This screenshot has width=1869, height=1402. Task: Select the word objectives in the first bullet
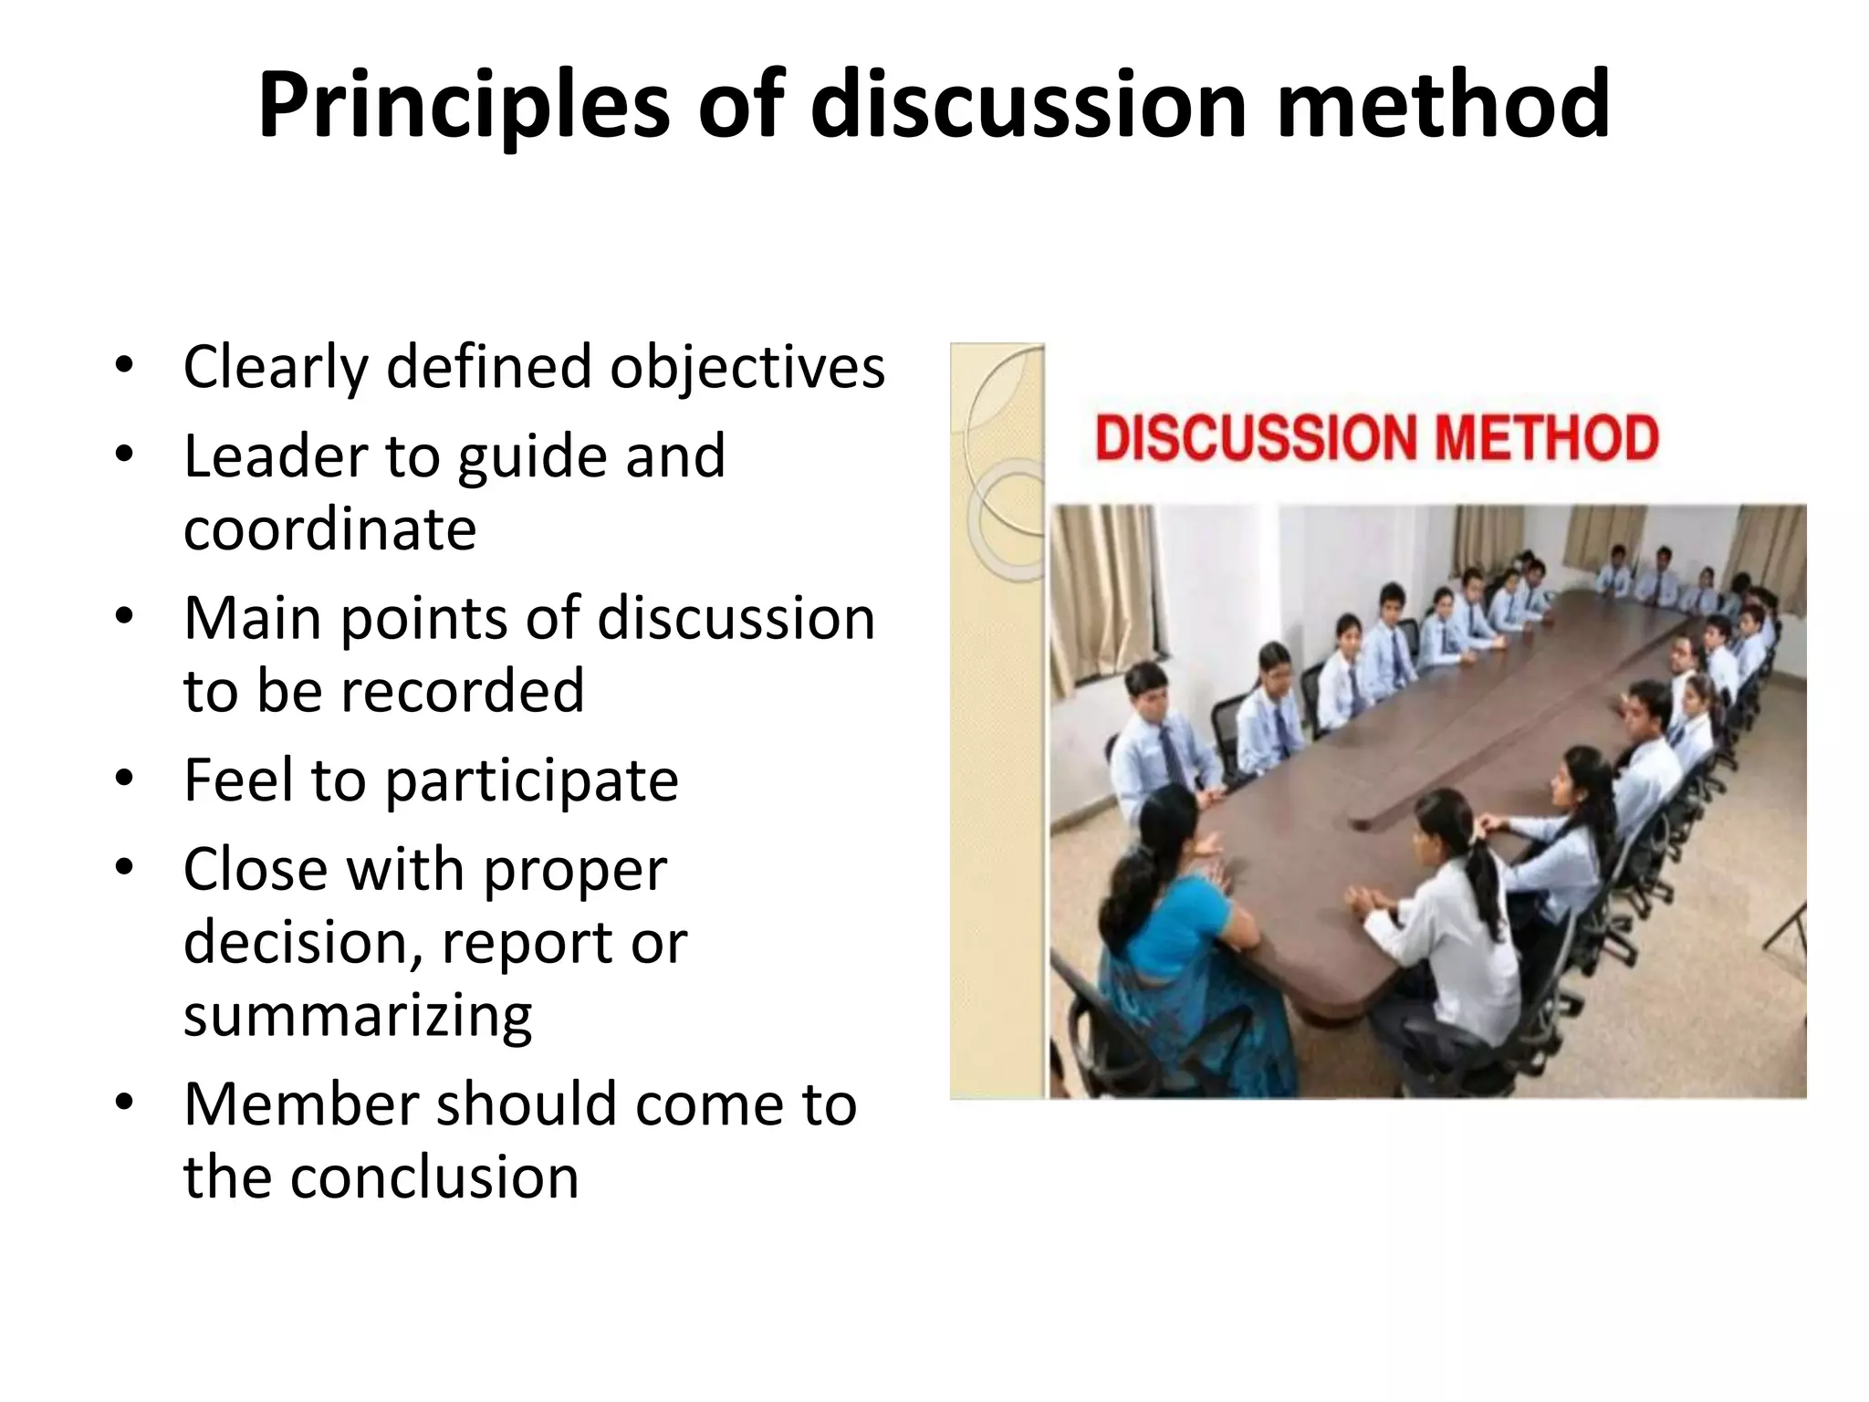click(747, 367)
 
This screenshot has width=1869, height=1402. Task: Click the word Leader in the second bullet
click(275, 455)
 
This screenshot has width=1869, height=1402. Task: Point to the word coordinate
click(329, 528)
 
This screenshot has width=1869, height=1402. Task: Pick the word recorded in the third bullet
click(462, 690)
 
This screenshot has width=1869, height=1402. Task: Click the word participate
click(531, 781)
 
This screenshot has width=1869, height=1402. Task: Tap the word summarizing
click(358, 1015)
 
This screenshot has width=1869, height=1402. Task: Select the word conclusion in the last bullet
click(434, 1177)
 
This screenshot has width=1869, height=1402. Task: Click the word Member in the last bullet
click(301, 1104)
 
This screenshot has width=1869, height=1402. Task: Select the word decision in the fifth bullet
click(302, 942)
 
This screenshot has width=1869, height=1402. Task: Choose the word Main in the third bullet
click(253, 619)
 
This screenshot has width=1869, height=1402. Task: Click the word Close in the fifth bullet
click(255, 869)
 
